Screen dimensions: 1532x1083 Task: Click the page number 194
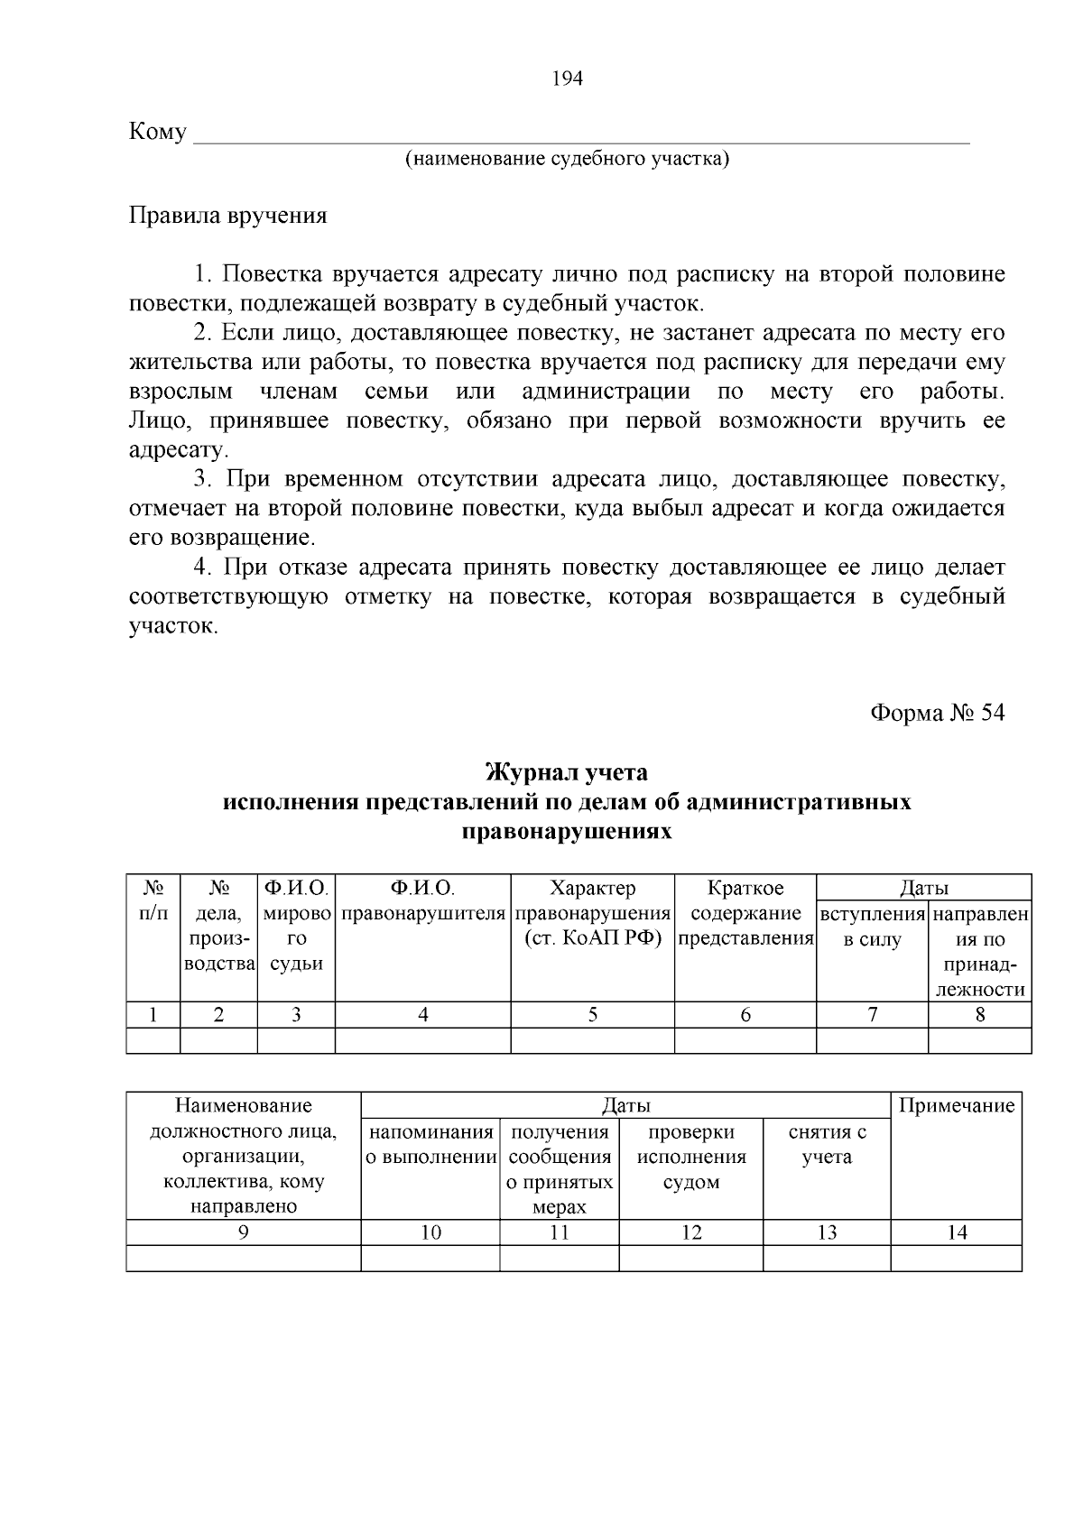click(x=568, y=78)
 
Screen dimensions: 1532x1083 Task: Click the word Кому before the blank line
click(x=158, y=133)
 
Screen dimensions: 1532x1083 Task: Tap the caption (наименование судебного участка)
click(x=567, y=160)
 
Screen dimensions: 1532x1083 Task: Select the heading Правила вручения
click(x=227, y=216)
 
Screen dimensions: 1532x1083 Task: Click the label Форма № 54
click(x=937, y=713)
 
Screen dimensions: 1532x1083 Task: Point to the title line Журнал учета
click(x=567, y=773)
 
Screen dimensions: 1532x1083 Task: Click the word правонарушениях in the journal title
click(x=567, y=831)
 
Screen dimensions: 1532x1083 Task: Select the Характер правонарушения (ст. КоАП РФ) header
click(x=592, y=913)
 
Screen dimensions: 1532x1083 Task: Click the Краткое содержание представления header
click(x=745, y=913)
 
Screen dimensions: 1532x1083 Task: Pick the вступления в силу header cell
click(x=872, y=927)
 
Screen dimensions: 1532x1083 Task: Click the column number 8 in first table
click(x=980, y=1014)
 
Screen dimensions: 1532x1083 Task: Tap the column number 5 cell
click(x=592, y=1014)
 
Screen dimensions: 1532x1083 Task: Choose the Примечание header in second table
click(x=957, y=1106)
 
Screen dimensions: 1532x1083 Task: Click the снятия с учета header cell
click(x=827, y=1144)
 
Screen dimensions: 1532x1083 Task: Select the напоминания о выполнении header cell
click(x=430, y=1144)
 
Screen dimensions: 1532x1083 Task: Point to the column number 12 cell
click(x=691, y=1232)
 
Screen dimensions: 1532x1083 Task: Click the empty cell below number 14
click(x=957, y=1258)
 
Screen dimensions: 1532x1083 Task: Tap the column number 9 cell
click(x=243, y=1232)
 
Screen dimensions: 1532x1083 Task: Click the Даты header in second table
click(x=625, y=1105)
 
